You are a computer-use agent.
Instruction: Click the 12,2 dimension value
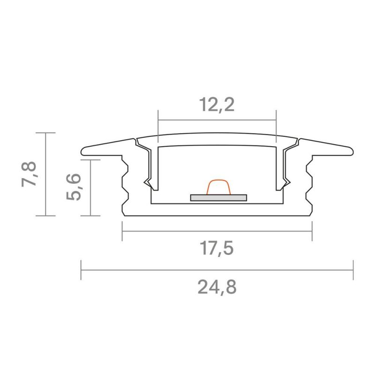click(x=217, y=105)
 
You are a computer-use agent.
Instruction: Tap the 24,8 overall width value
click(x=217, y=286)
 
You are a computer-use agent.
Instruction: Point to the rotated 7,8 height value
click(x=29, y=174)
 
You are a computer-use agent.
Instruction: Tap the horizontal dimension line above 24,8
click(x=217, y=270)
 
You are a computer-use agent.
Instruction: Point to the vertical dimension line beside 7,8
click(x=45, y=174)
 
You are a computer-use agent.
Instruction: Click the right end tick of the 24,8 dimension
click(x=353, y=270)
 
